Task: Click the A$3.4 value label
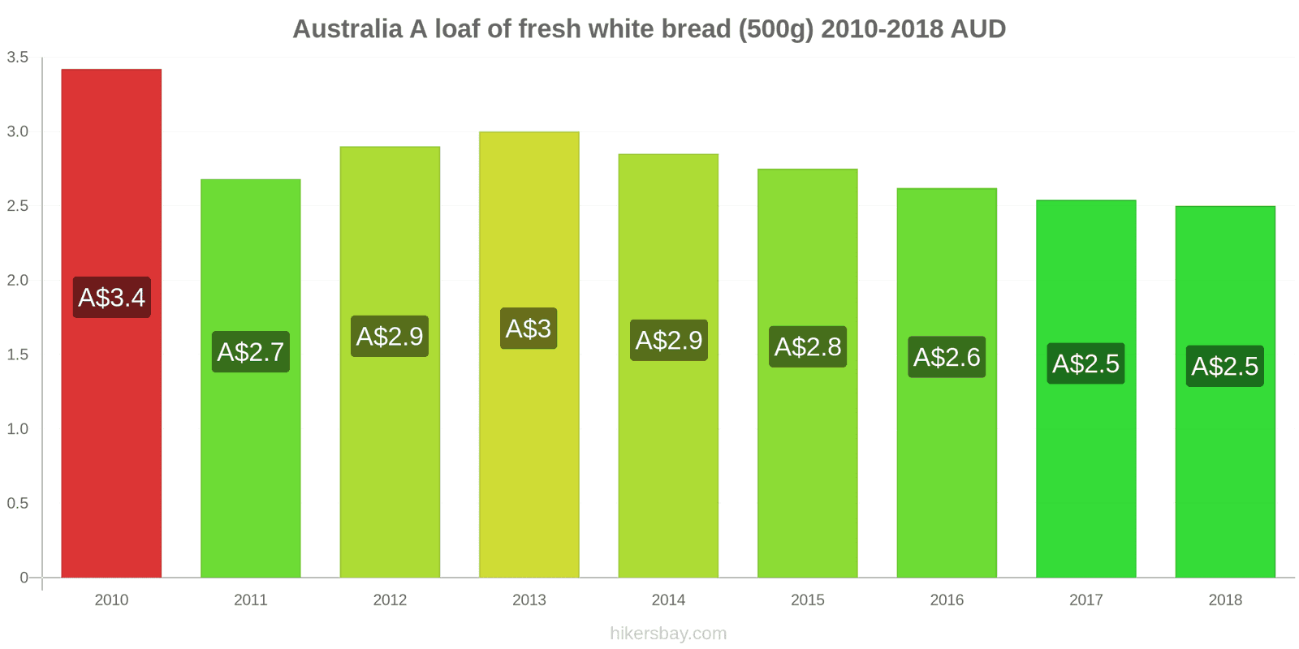(x=112, y=298)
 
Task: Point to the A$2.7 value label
(x=251, y=352)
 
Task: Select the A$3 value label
(x=529, y=329)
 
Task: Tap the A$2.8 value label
(x=808, y=347)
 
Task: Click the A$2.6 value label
(x=947, y=357)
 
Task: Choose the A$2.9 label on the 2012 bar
(x=390, y=336)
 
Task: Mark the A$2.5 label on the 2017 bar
(x=1085, y=363)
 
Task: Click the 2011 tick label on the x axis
(x=251, y=600)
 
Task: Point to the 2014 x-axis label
(x=668, y=600)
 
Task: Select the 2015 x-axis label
(x=808, y=600)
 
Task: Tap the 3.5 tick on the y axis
(x=18, y=58)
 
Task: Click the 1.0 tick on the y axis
(x=18, y=429)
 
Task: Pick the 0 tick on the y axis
(x=24, y=578)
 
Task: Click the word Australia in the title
(x=347, y=29)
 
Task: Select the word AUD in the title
(x=978, y=29)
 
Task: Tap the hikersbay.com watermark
(x=668, y=634)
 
